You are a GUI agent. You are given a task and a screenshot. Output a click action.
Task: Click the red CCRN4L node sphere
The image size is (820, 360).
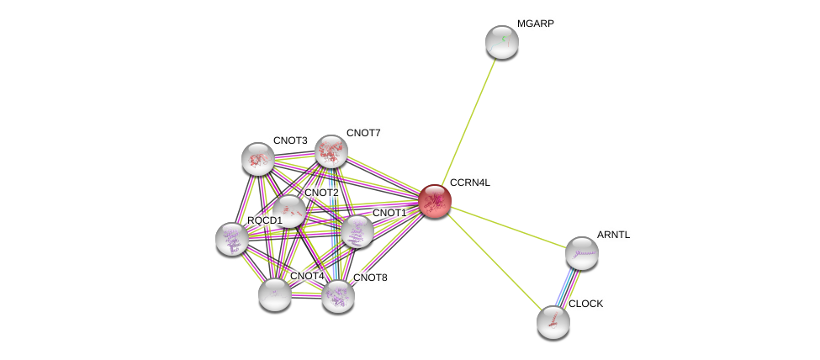pyautogui.click(x=435, y=201)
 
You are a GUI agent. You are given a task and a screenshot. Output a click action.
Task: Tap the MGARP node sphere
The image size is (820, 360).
pyautogui.click(x=502, y=42)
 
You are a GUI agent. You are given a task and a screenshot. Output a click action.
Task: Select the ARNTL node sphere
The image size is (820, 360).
pyautogui.click(x=581, y=252)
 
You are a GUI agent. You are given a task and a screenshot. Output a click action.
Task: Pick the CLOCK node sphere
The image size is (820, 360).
pyautogui.click(x=553, y=321)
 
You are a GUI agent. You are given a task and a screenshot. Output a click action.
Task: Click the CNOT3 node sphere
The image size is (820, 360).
pyautogui.click(x=258, y=158)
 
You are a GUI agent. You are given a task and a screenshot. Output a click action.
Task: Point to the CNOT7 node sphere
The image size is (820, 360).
pyautogui.click(x=331, y=151)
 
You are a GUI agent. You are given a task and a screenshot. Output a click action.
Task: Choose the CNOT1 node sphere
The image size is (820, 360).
pyautogui.click(x=357, y=231)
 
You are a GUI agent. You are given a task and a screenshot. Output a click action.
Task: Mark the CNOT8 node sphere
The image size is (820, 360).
pyautogui.click(x=338, y=295)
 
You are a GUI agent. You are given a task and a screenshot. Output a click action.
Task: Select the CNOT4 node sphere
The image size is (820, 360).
pyautogui.click(x=275, y=294)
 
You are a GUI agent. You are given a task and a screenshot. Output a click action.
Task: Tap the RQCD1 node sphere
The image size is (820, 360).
pyautogui.click(x=232, y=239)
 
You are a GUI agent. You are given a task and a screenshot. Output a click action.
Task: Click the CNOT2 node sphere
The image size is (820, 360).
pyautogui.click(x=289, y=211)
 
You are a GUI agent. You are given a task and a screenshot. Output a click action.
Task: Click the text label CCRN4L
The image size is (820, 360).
pyautogui.click(x=469, y=183)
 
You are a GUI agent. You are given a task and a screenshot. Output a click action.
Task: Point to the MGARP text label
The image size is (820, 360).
pyautogui.click(x=535, y=24)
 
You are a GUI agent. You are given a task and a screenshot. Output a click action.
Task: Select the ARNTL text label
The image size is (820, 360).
pyautogui.click(x=613, y=235)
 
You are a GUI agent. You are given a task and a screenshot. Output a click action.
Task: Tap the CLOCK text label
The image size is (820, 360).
pyautogui.click(x=585, y=304)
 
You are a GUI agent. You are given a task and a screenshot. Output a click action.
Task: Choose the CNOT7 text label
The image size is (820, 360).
pyautogui.click(x=363, y=133)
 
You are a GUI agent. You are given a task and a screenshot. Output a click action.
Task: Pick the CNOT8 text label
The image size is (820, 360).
pyautogui.click(x=370, y=278)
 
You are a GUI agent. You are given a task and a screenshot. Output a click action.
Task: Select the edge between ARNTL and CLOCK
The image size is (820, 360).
pyautogui.click(x=567, y=287)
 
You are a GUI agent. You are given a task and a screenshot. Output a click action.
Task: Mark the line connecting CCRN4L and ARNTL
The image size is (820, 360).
pyautogui.click(x=508, y=226)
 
